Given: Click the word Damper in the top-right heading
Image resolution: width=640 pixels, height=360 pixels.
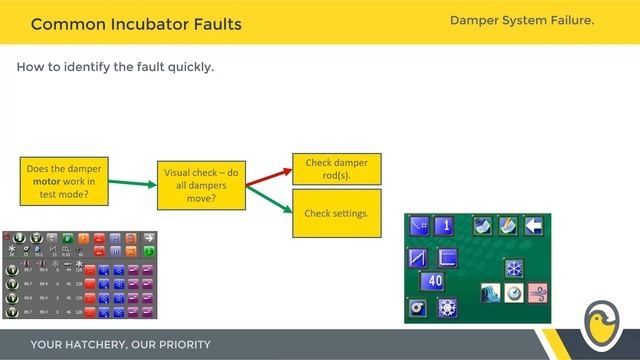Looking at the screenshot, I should (479, 20).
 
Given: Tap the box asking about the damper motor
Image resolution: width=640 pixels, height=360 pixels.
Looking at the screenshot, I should (63, 181).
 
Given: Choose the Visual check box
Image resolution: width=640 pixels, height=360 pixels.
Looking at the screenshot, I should (200, 185).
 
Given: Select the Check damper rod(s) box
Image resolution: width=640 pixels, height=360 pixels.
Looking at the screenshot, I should (336, 169).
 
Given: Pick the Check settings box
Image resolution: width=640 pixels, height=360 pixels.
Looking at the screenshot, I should (336, 213).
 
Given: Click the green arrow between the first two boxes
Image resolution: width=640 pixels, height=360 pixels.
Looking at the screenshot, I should (130, 183).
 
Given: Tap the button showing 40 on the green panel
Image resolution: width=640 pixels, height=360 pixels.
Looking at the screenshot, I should (434, 282).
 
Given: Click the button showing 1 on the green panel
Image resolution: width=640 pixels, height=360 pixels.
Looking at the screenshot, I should (446, 225).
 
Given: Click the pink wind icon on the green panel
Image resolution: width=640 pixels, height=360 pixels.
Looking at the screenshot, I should (540, 294).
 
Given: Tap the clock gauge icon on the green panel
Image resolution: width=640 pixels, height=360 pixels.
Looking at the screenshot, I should (514, 294).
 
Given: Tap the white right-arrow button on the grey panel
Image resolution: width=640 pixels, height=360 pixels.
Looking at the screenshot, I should (148, 236).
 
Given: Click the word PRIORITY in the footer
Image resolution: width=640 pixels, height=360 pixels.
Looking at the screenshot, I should (179, 345).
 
